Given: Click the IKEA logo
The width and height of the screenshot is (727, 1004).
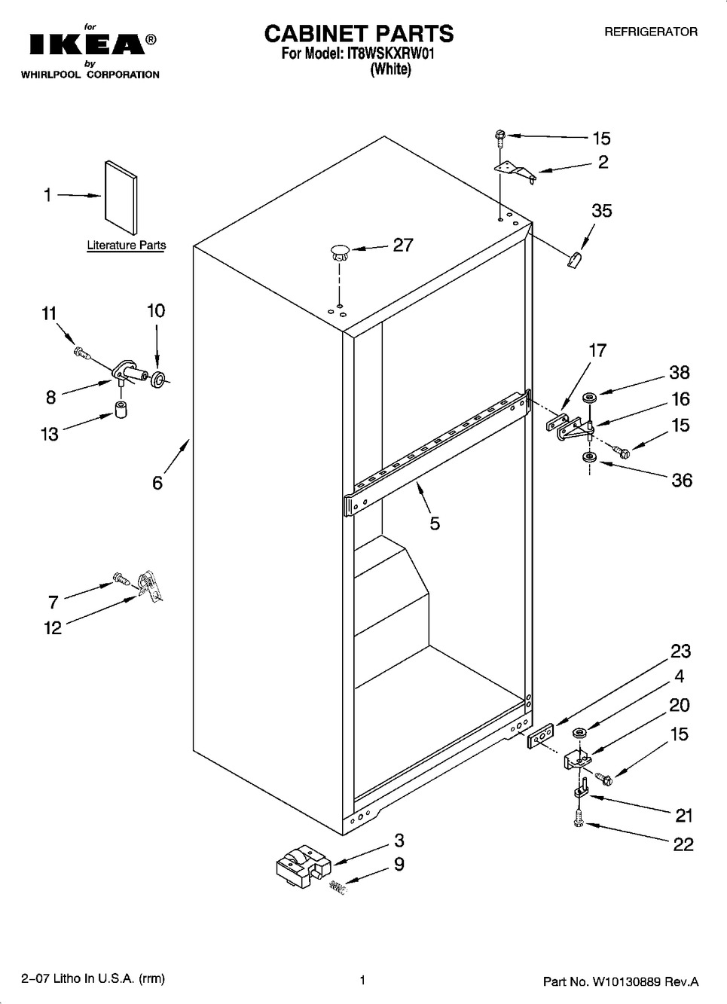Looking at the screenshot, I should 87,45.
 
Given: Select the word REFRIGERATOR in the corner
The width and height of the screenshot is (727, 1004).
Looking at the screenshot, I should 651,32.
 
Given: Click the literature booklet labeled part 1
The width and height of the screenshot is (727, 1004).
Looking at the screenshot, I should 121,197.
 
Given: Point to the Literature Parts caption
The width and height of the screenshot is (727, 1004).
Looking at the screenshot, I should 126,246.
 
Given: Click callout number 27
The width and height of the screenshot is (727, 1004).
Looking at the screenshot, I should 403,245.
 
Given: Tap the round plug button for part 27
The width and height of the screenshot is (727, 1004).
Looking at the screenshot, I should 339,252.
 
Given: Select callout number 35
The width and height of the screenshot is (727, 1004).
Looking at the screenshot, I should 601,211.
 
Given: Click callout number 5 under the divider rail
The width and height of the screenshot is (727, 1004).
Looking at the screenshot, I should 435,523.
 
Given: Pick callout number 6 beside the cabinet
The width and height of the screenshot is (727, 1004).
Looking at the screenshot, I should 157,482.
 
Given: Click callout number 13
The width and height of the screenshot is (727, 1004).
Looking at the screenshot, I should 50,434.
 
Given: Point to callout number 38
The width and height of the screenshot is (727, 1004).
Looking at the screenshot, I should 679,372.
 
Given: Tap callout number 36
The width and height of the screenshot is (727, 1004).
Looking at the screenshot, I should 681,480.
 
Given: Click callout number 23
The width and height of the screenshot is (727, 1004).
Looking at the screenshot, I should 680,651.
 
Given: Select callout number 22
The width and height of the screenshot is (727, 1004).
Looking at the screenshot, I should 683,844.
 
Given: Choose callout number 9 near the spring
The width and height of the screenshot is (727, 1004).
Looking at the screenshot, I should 399,864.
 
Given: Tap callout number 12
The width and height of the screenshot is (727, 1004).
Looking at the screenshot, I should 53,627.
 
